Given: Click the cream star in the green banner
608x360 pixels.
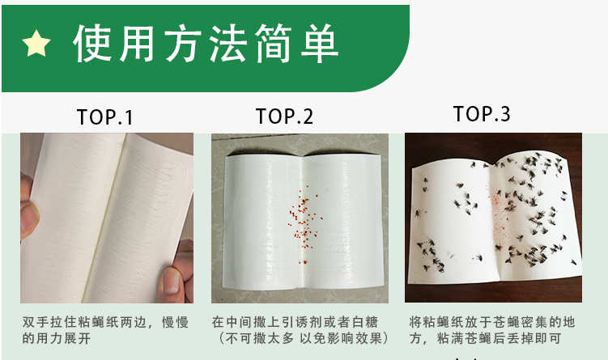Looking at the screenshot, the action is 36,43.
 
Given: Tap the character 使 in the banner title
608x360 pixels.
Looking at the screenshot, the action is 92,43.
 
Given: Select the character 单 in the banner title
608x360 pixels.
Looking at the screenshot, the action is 320,43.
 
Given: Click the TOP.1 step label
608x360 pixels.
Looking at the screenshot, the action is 105,117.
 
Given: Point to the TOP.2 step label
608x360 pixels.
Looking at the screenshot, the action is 284,116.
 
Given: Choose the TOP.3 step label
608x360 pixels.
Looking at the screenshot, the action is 482,113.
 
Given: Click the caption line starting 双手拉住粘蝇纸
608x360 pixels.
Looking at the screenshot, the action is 105,323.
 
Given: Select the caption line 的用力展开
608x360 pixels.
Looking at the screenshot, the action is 56,338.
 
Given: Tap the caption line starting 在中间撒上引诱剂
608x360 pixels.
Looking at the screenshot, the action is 295,323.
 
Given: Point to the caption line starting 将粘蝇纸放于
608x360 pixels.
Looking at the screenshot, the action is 492,323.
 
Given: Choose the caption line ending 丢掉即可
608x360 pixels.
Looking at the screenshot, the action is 485,338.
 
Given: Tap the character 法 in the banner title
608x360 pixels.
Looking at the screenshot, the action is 228,43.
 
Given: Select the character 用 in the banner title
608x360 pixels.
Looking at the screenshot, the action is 138,43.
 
